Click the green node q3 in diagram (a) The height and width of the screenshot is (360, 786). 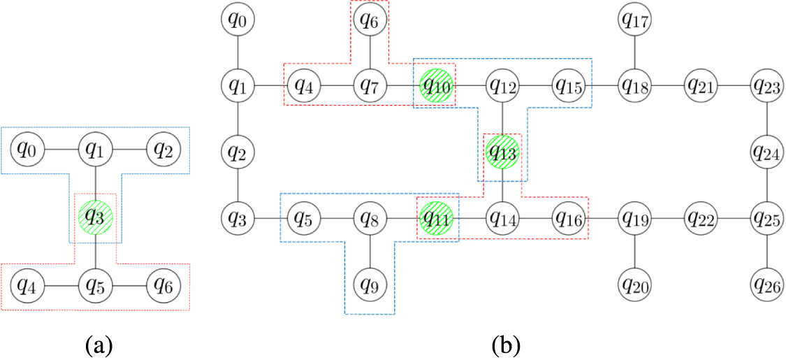[95, 217]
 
